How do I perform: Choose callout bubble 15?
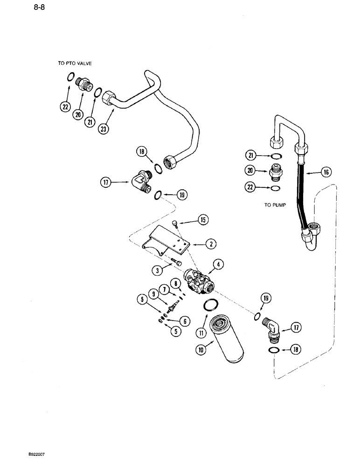coord(203,220)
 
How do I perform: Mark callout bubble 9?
coord(153,294)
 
